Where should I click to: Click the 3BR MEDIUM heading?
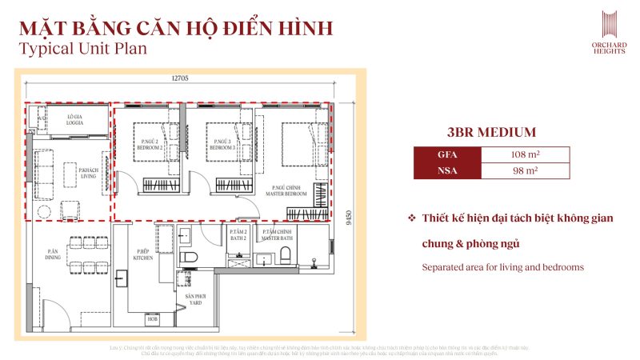click(x=491, y=133)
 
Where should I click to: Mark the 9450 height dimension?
click(x=349, y=218)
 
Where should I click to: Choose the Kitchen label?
click(x=144, y=257)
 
